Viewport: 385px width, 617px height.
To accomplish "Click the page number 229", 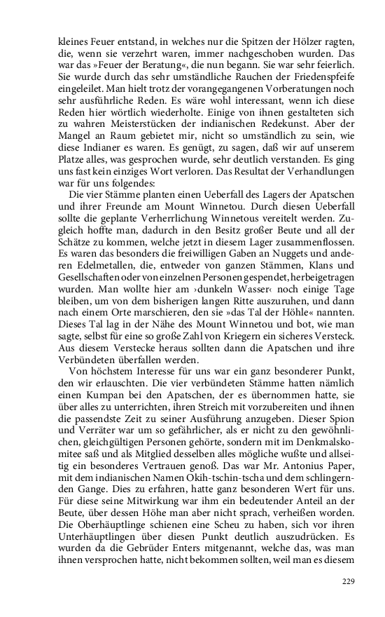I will click(x=349, y=581).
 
